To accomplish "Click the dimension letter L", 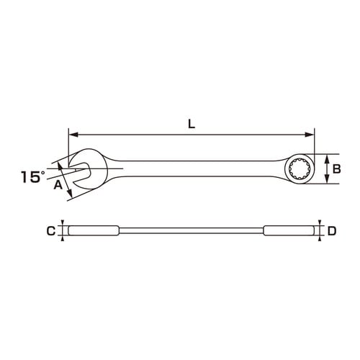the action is tap(192, 124).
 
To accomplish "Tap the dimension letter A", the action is tap(58, 185).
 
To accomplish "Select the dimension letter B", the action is tap(336, 169).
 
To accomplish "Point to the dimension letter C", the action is tap(51, 231).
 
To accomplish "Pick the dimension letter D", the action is tap(332, 231).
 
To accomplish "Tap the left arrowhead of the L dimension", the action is tap(73, 135).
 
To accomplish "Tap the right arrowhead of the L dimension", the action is tap(310, 135).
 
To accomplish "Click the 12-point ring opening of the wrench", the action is tap(299, 169).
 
